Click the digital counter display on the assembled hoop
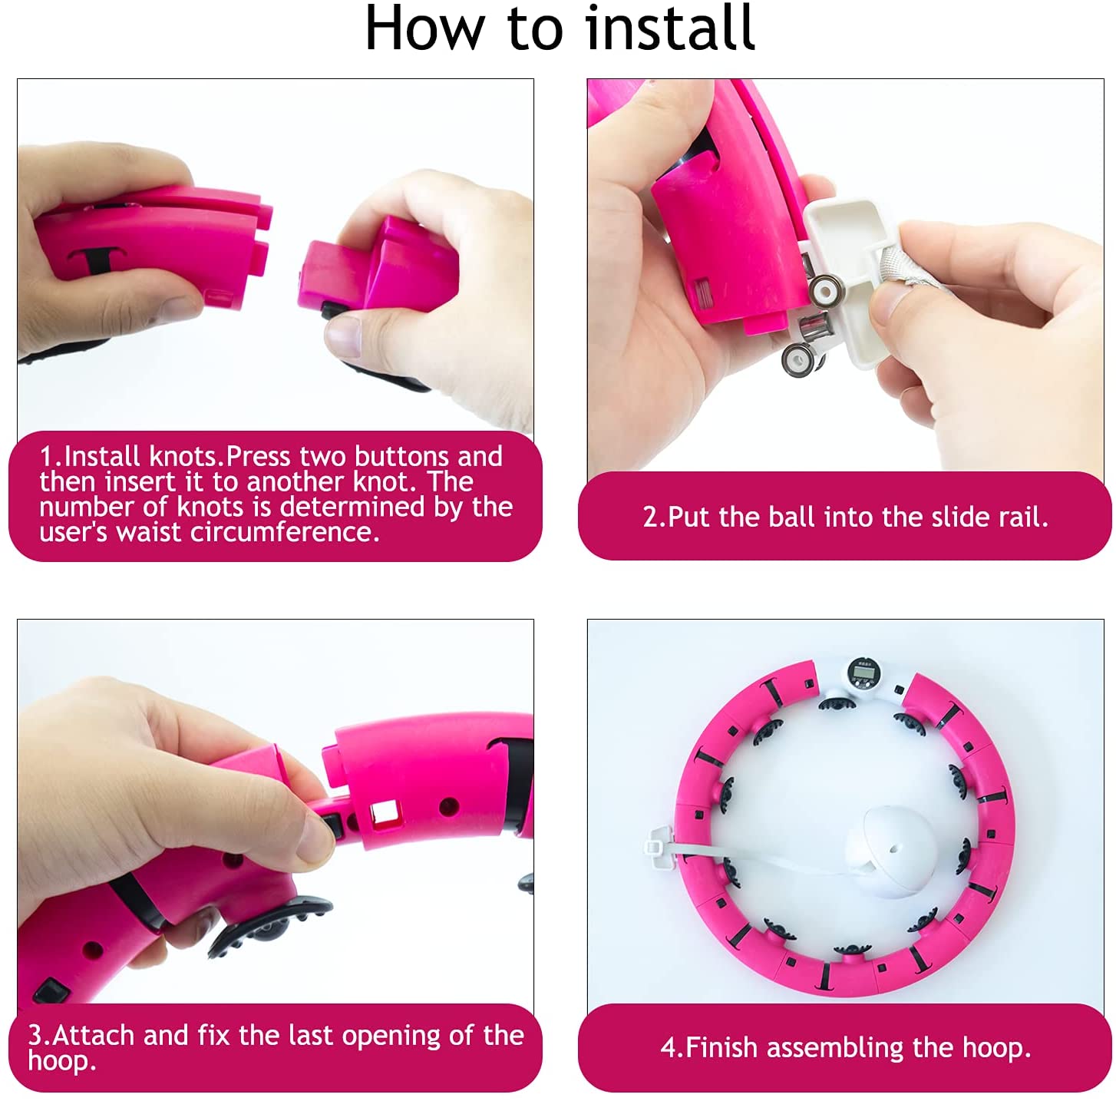(863, 673)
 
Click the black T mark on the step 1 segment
(94, 260)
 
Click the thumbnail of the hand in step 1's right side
(343, 337)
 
